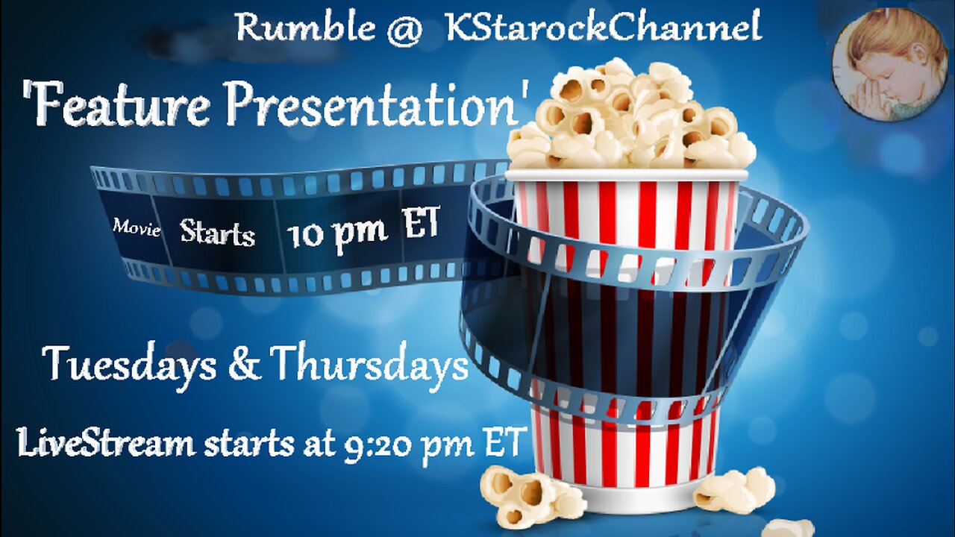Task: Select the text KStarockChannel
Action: click(603, 28)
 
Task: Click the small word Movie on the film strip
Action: click(137, 228)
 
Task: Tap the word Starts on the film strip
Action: click(217, 233)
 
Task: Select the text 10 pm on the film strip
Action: click(336, 233)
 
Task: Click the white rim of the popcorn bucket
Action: click(627, 175)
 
